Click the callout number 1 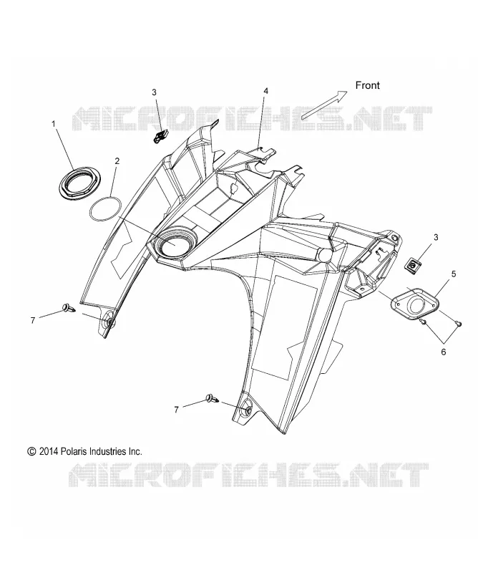54,124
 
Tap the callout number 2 117,160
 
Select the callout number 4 266,91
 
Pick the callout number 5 454,274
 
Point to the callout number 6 444,352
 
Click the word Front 367,85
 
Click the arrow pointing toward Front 324,105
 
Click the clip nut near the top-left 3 160,136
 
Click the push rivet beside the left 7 69,308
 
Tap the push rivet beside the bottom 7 212,399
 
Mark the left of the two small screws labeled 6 422,321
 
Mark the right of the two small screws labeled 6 459,323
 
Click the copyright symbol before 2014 31,452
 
